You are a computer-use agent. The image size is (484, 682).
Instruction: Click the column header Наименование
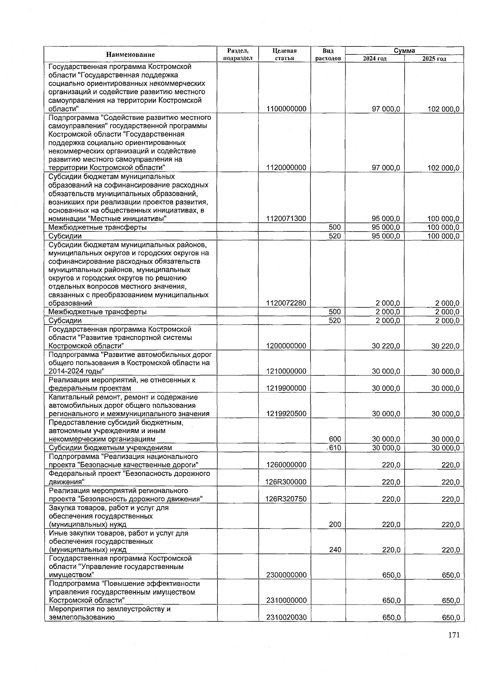[x=130, y=54]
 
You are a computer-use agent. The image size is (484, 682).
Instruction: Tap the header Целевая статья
[x=284, y=54]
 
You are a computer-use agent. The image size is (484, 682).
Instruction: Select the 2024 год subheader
[x=375, y=58]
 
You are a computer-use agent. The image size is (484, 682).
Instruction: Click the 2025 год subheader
[x=434, y=58]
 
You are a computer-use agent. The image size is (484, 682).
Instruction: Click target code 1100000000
[x=286, y=109]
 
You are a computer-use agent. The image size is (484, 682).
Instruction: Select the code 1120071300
[x=286, y=219]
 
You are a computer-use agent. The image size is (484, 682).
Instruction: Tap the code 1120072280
[x=286, y=303]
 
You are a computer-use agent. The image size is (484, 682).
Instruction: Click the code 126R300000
[x=286, y=482]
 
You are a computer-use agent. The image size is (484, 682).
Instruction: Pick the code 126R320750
[x=286, y=499]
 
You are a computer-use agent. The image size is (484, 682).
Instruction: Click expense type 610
[x=334, y=448]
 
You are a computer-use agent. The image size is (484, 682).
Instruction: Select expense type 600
[x=334, y=439]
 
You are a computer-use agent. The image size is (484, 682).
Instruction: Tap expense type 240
[x=334, y=549]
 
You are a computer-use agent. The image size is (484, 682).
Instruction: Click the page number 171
[x=453, y=635]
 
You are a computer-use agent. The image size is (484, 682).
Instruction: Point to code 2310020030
[x=286, y=617]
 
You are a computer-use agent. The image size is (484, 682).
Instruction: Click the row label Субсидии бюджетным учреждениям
[x=110, y=448]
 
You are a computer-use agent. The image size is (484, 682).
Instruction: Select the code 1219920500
[x=286, y=414]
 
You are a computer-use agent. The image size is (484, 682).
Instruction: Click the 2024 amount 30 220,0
[x=386, y=346]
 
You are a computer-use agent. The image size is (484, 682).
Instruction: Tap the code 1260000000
[x=286, y=465]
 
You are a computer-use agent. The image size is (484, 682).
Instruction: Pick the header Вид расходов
[x=328, y=54]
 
